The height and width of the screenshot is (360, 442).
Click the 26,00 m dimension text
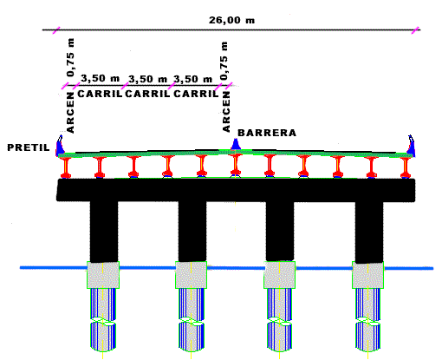click(x=232, y=20)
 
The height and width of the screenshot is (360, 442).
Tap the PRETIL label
click(x=29, y=147)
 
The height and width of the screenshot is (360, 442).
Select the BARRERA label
click(x=267, y=133)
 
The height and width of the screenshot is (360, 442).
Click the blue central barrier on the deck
click(x=236, y=144)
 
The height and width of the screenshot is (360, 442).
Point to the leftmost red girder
click(x=66, y=167)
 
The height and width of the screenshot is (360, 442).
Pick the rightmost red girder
click(x=406, y=167)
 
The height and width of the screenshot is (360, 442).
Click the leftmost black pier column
click(x=104, y=232)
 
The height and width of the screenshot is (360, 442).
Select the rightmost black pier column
click(x=369, y=232)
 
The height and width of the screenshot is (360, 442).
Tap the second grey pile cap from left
click(x=192, y=275)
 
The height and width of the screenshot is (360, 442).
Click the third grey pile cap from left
click(x=280, y=275)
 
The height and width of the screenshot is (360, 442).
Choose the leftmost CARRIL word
click(x=100, y=94)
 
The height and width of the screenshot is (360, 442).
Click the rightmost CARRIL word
click(x=196, y=94)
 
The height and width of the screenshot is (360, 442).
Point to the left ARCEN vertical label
click(x=70, y=113)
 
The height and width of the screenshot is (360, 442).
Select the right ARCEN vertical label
click(x=226, y=112)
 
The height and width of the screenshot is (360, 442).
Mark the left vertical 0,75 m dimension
click(x=70, y=57)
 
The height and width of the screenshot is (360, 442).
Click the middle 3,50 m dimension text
click(x=147, y=79)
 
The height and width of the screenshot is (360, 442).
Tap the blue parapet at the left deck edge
click(x=60, y=146)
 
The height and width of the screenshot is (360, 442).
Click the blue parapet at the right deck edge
click(x=411, y=146)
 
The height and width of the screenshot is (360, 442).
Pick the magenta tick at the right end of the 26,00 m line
click(x=415, y=30)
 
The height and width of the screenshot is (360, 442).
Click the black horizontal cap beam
click(x=236, y=190)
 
